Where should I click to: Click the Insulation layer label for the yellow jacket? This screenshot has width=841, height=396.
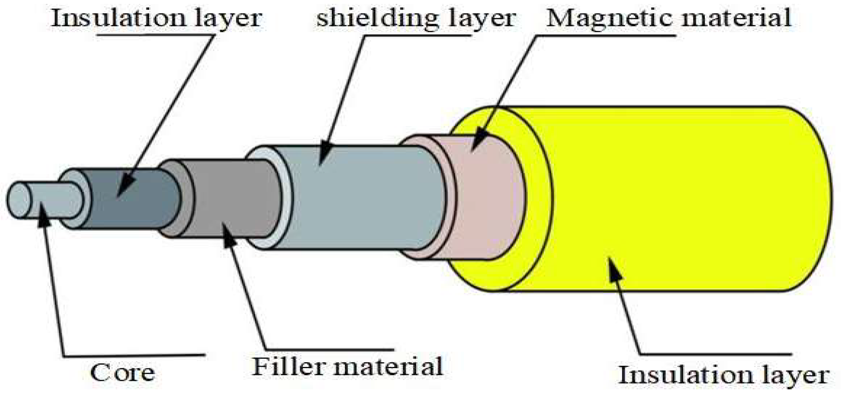coord(723,375)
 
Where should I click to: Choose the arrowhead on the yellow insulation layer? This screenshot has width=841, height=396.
coord(614,268)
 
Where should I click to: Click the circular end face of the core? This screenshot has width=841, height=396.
coord(19,200)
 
